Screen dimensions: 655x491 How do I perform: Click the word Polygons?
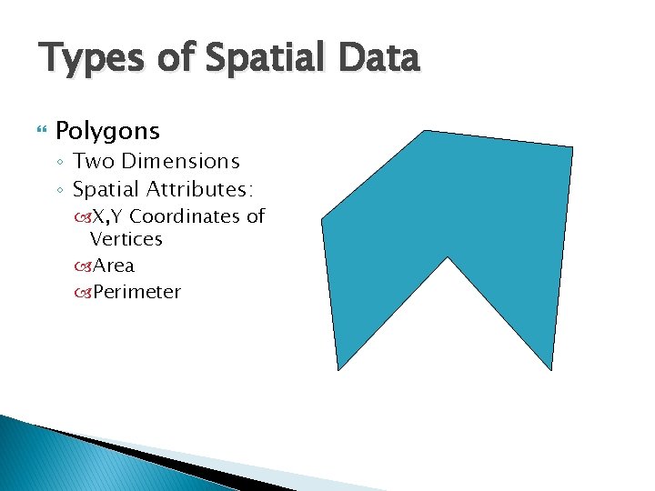107,132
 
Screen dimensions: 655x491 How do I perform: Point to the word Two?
91,162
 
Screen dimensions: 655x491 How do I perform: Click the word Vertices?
126,240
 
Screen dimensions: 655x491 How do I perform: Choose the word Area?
114,266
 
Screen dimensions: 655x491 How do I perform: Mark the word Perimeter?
136,293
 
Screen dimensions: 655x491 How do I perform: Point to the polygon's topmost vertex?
424,131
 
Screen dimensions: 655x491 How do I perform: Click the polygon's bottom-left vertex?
338,369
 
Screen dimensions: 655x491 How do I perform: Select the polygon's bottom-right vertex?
551,370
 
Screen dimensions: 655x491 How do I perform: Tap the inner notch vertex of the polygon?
447,258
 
